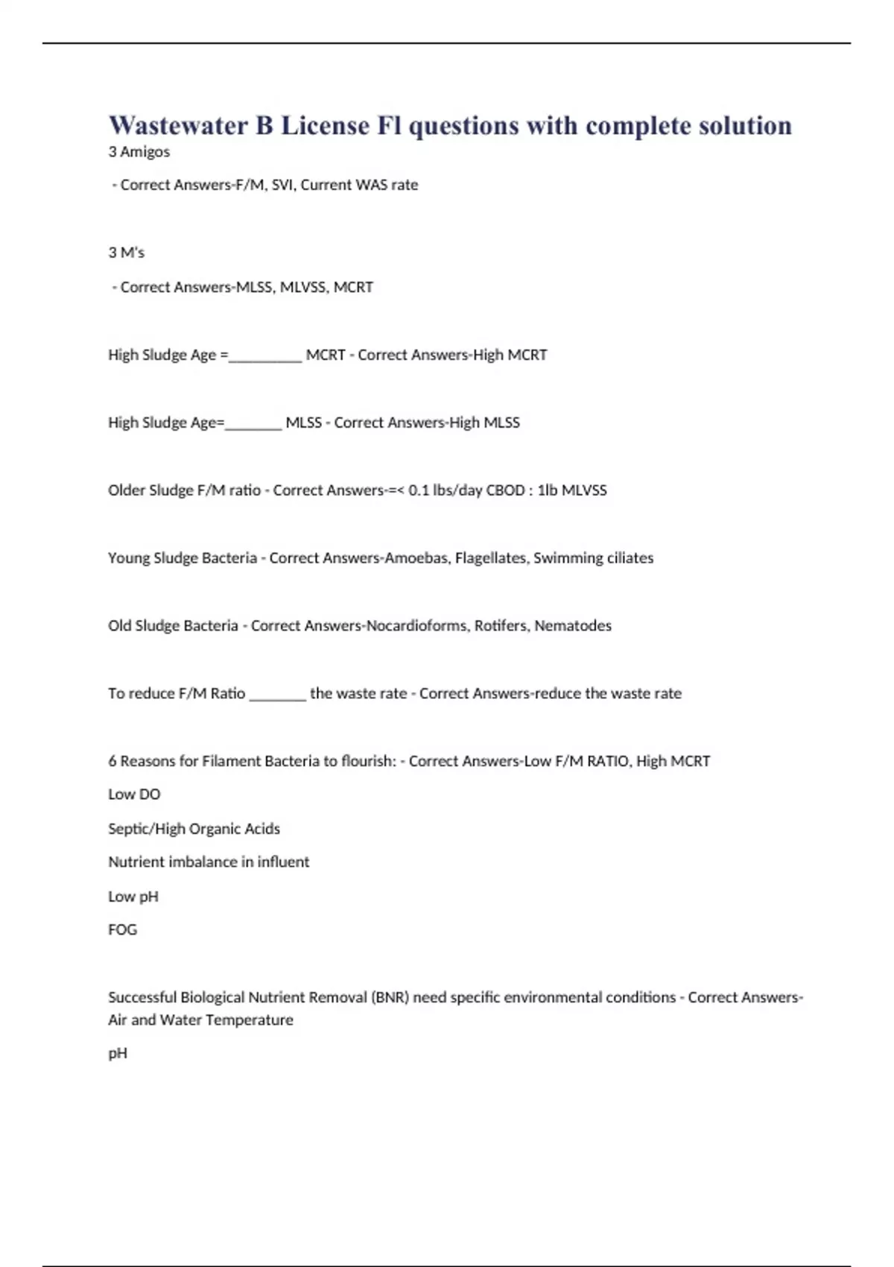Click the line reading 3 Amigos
pos(139,152)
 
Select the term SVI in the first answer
pos(282,185)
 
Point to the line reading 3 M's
pos(127,253)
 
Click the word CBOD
pos(505,490)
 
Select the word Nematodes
pos(573,626)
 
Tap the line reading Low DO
pos(134,794)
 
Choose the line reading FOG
pos(123,930)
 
